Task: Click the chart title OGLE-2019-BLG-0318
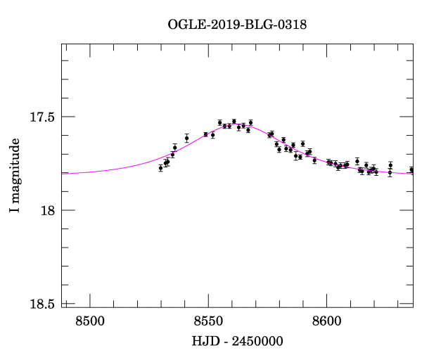click(x=237, y=25)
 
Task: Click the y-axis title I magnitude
click(x=15, y=176)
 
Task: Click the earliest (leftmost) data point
click(x=161, y=168)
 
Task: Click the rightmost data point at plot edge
click(x=411, y=170)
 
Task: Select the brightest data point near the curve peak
click(x=234, y=122)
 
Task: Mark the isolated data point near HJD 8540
click(x=186, y=138)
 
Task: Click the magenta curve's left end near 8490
click(x=64, y=172)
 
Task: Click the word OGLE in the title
click(x=184, y=25)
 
